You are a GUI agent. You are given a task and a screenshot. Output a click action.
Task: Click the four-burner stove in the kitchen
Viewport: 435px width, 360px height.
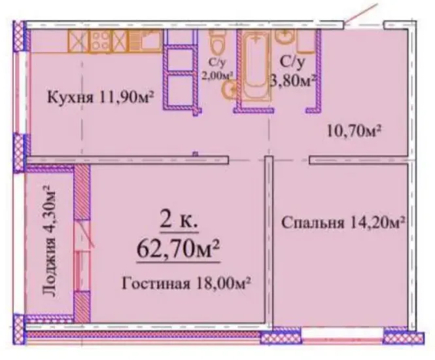click(x=101, y=41)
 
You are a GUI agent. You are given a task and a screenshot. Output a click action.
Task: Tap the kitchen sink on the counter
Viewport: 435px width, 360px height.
click(x=146, y=41)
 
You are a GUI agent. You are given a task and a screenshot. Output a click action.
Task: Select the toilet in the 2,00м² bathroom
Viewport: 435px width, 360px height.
click(x=218, y=42)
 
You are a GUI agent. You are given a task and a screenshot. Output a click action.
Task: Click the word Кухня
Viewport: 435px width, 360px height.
click(x=71, y=98)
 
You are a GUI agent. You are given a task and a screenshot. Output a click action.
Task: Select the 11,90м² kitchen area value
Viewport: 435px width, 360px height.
click(x=125, y=97)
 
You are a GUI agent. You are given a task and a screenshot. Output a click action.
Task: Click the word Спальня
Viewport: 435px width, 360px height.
click(x=313, y=223)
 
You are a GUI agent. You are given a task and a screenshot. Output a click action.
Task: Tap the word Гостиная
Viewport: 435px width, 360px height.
click(x=156, y=283)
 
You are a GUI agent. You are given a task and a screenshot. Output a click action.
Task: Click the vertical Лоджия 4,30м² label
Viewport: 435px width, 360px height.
click(x=49, y=240)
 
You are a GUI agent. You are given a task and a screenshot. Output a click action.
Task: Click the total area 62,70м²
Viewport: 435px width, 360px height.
click(x=178, y=249)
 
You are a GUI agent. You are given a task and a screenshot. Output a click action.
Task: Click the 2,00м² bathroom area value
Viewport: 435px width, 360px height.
click(x=217, y=75)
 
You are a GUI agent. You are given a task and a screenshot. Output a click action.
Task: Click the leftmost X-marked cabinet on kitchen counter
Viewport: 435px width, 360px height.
click(x=78, y=41)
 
